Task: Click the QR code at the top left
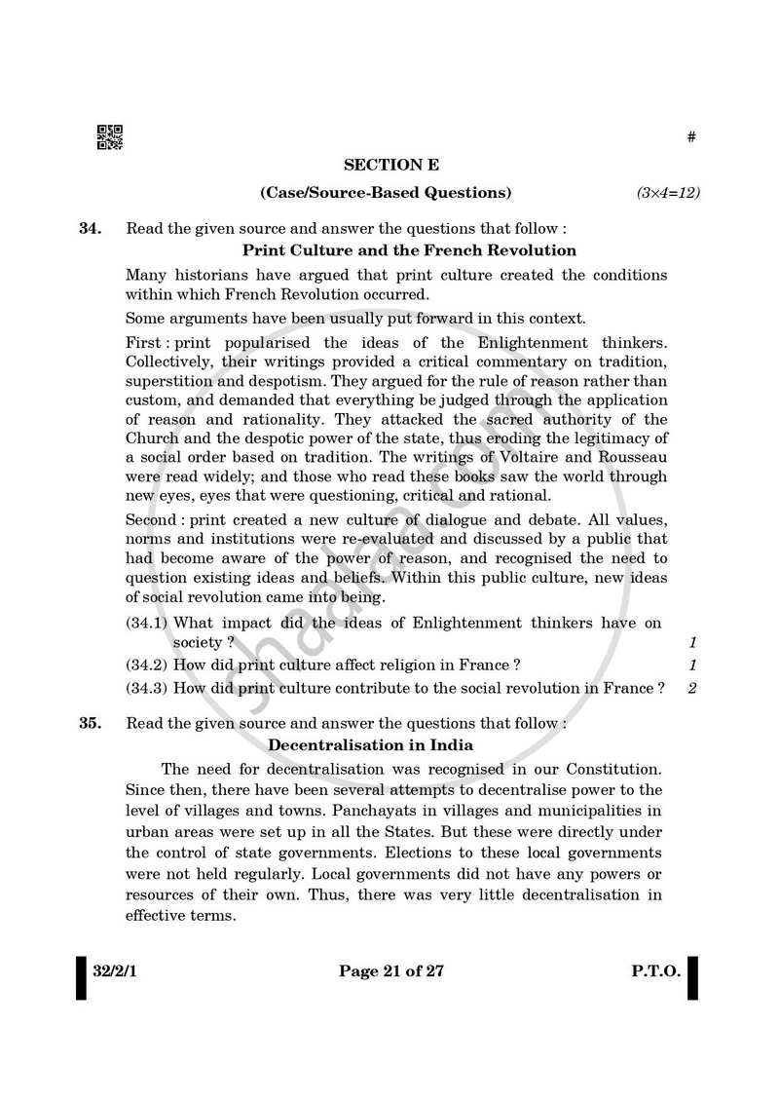click(109, 138)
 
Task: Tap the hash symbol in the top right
click(691, 138)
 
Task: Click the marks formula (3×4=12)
click(668, 193)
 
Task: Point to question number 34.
click(90, 229)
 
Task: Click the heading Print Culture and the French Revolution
click(395, 249)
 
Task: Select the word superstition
click(169, 381)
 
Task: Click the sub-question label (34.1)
click(147, 623)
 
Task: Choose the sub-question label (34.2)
click(147, 665)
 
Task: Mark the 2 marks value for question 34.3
click(692, 688)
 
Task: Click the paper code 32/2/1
click(117, 970)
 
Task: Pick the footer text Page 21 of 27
click(394, 970)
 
